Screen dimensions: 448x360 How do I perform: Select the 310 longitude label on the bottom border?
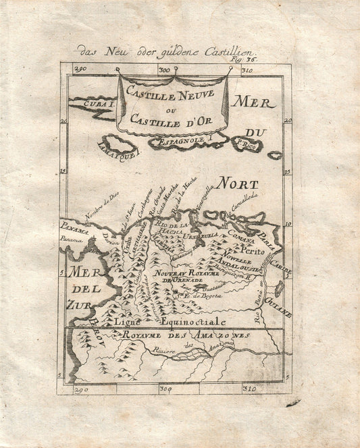tap(249, 389)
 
